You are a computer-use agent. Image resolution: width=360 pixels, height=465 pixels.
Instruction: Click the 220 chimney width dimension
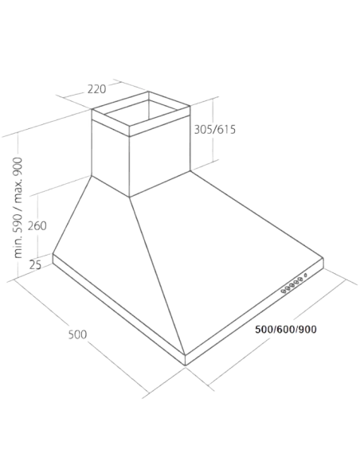96,88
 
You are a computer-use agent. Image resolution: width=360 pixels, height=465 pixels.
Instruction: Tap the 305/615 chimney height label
215,130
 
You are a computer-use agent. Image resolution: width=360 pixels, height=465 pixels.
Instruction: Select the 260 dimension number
37,226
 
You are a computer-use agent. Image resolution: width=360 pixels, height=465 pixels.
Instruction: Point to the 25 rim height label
35,264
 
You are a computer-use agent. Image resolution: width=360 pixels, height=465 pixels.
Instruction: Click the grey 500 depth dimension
77,334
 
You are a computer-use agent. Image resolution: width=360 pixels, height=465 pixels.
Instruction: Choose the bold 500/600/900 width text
286,330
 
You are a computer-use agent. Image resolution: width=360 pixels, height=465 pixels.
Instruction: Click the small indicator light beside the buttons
305,276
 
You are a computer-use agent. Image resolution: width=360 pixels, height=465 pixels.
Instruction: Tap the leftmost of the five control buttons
284,291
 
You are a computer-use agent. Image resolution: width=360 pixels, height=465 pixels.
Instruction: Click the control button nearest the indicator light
300,279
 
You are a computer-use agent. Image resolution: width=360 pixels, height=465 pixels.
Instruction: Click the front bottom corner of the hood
186,365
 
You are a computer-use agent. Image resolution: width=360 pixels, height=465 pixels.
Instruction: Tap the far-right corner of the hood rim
323,258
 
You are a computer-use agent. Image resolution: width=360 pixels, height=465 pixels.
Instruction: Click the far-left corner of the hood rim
53,253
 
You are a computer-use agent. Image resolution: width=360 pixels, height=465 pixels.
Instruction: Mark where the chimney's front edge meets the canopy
129,197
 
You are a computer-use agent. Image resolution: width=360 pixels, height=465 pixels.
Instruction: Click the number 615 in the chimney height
225,130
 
